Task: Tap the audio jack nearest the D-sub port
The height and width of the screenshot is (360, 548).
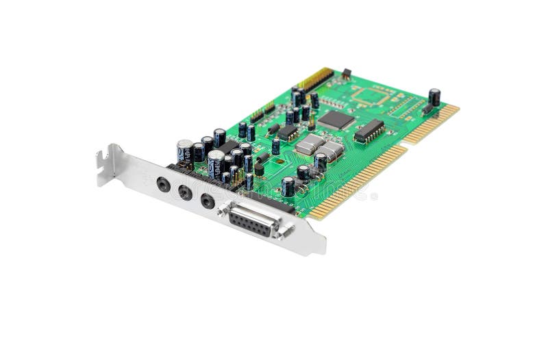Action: (208, 201)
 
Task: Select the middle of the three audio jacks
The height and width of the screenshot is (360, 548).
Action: (185, 192)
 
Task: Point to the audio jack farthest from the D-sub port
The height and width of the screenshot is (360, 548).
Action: (163, 183)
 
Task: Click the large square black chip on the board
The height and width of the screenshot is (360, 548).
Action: (336, 120)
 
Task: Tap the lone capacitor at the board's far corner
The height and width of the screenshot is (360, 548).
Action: (434, 97)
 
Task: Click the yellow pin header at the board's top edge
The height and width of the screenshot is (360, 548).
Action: (316, 79)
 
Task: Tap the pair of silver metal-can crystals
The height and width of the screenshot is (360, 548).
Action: (319, 146)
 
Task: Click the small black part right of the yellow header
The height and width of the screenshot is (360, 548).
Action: (346, 73)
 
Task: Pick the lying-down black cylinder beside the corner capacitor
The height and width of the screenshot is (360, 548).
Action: (426, 109)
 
